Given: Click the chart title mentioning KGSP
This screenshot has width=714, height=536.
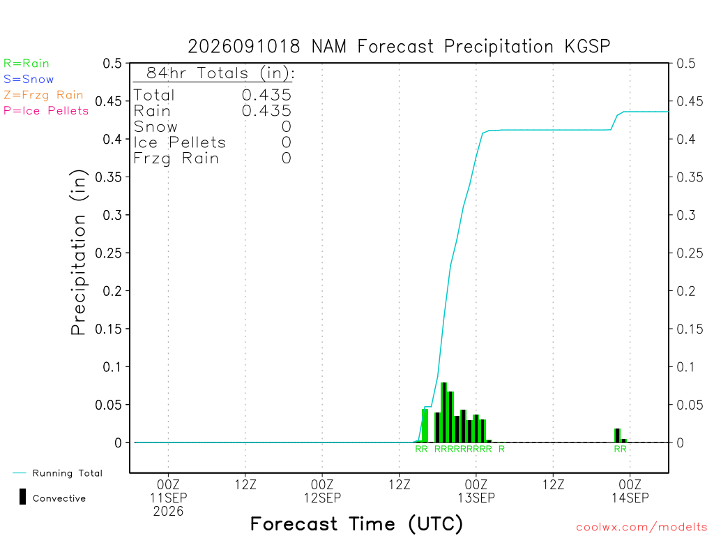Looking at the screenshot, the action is [399, 47].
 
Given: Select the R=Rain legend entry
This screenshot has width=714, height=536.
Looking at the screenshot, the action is [26, 64].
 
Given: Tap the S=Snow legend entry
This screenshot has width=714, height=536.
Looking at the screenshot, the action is [28, 80].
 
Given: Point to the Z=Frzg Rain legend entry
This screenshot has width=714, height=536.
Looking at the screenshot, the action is [43, 95].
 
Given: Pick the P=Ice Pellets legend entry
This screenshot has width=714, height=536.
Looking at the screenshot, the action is [45, 111].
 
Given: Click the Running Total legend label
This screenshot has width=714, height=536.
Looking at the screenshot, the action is [68, 473].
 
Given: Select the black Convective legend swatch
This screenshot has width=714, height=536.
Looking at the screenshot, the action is [22, 497].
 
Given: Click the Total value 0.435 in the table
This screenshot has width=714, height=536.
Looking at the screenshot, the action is [266, 95].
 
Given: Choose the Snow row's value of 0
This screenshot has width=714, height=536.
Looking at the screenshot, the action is [286, 127].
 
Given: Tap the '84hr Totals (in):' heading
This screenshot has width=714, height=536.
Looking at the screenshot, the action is [220, 73].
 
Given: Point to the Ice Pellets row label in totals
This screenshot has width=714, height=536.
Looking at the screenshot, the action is [179, 142].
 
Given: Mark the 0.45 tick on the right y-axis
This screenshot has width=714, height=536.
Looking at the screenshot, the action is [690, 101].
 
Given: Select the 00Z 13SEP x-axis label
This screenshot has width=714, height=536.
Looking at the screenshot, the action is [476, 491].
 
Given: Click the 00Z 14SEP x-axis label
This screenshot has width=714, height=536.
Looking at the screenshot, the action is [630, 491].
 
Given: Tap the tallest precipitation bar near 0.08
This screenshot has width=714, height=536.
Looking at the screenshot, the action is [444, 412].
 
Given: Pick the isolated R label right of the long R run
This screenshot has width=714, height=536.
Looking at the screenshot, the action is [501, 449].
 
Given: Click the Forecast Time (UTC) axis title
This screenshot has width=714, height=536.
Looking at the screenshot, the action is [356, 523].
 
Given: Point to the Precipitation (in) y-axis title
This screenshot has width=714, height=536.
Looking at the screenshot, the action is [78, 252].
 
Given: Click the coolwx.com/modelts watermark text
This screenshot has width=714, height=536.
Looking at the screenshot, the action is [641, 528].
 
